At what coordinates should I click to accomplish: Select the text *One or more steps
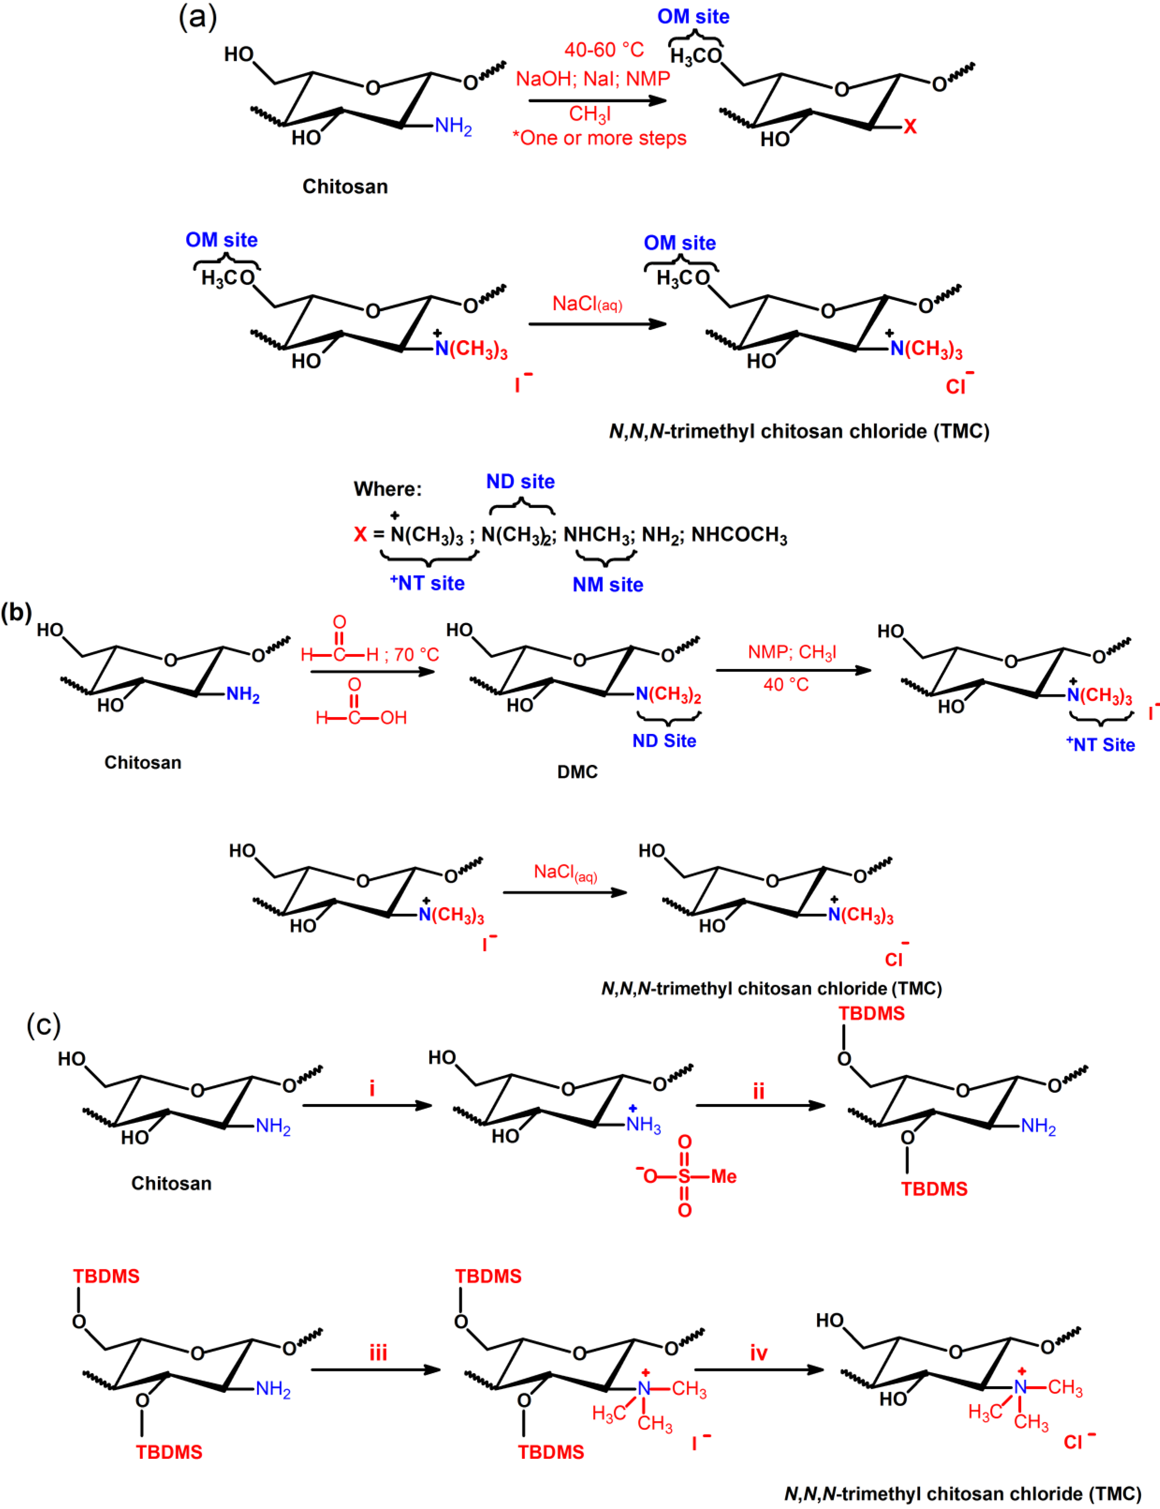tap(599, 138)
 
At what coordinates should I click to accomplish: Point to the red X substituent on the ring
tap(910, 126)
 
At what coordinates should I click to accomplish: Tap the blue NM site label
tap(608, 584)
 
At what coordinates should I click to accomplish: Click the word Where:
tap(387, 489)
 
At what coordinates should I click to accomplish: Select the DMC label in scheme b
tap(577, 772)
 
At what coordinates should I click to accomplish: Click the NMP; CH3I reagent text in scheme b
tap(792, 652)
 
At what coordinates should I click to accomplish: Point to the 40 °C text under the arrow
tap(786, 685)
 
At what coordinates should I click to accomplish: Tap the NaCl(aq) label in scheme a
tap(587, 304)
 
